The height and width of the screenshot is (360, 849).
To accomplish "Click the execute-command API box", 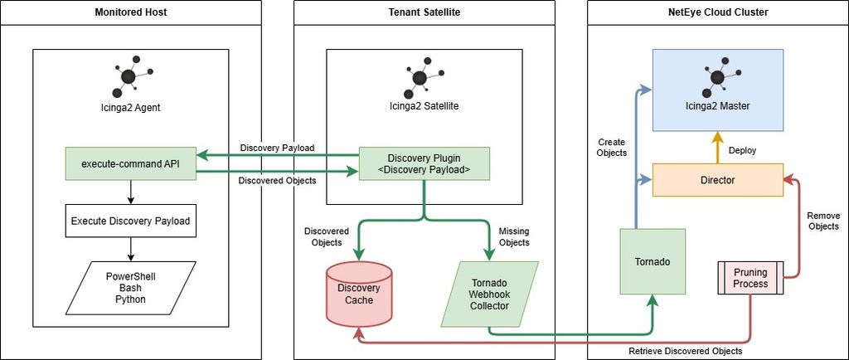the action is click(x=130, y=163).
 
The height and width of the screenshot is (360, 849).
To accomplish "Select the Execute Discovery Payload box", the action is click(x=130, y=221).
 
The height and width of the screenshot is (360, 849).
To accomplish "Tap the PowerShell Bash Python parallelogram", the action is click(x=130, y=288).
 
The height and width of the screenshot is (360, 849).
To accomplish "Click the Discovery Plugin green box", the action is click(x=424, y=163).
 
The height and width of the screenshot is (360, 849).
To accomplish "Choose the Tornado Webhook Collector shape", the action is click(x=489, y=294).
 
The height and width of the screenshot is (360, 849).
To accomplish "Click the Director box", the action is click(x=717, y=179).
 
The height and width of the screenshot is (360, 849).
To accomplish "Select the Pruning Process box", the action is click(x=750, y=278).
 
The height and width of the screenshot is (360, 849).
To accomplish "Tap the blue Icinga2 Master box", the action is click(x=717, y=90).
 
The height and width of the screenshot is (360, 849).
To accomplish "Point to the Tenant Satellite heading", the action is click(x=424, y=12).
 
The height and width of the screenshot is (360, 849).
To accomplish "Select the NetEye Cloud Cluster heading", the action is click(x=718, y=12).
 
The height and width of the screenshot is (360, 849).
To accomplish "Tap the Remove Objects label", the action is click(x=823, y=221).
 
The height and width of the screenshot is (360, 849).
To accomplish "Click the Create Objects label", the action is click(x=612, y=148).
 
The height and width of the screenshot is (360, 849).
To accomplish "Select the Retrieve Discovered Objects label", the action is click(x=685, y=351).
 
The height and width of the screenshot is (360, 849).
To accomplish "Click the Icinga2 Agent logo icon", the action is click(x=130, y=75).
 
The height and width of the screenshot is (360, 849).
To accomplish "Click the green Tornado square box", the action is click(x=653, y=261).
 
